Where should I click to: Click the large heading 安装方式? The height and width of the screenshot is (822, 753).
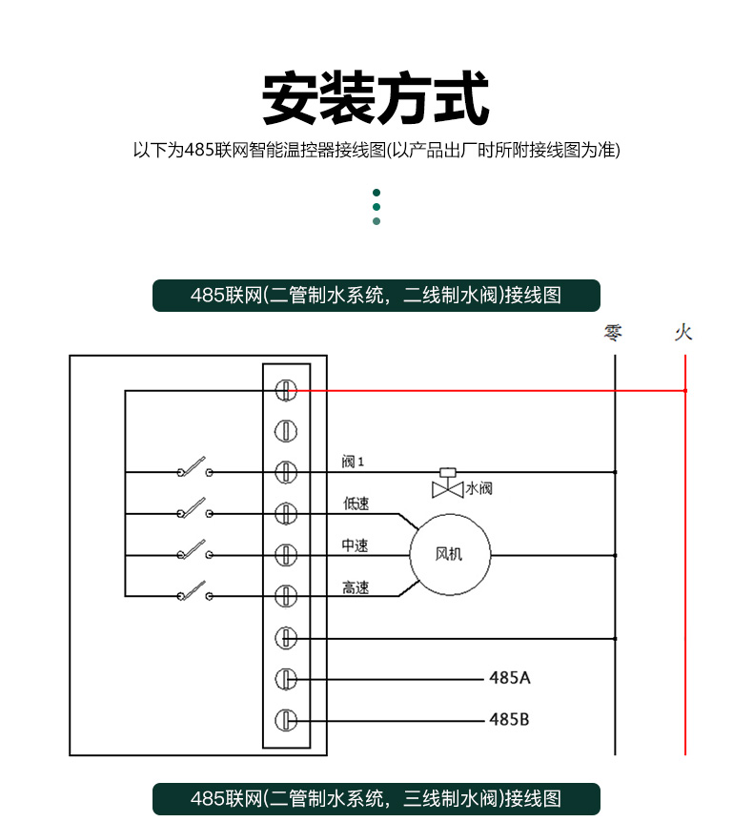376,98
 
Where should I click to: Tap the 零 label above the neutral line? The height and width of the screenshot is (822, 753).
613,333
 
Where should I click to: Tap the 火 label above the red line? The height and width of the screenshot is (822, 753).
683,333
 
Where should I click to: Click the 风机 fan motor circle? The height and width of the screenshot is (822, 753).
450,555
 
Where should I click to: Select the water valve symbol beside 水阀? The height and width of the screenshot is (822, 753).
447,483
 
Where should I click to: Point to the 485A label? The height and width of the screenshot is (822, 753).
510,678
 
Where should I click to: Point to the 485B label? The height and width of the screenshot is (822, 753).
509,719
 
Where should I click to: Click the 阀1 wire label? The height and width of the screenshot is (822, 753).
353,462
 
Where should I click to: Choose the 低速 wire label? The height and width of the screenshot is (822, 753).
356,503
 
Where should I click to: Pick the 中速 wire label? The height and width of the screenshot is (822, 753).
356,545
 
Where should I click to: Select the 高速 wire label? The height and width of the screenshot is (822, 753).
356,587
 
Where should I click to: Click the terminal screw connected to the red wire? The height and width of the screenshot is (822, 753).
286,390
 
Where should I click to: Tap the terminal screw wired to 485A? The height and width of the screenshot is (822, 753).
286,679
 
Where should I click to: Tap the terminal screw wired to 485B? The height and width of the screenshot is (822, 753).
286,720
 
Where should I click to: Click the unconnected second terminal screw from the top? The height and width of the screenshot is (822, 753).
286,431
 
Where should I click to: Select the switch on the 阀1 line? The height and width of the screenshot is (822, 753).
195,467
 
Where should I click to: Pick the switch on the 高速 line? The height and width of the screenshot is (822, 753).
195,591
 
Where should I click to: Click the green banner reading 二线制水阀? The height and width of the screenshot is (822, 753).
376,296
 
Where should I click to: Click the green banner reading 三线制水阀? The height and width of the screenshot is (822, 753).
376,798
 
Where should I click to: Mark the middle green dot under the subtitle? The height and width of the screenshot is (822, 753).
376,207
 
